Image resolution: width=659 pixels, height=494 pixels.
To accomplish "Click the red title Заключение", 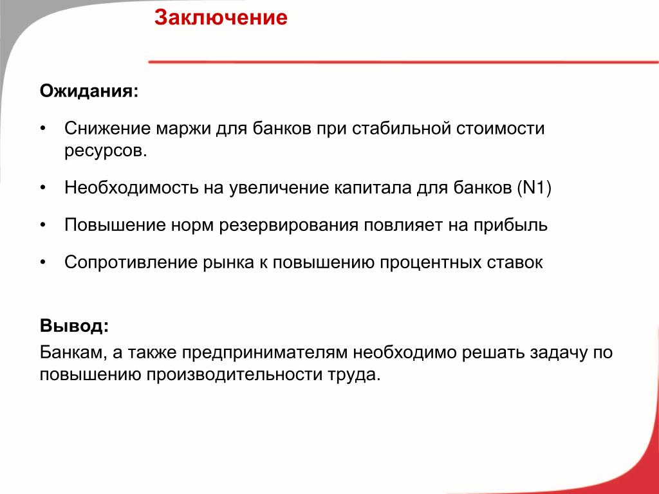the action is click(221, 17).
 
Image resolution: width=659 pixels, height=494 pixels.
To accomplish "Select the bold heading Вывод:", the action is click(75, 325).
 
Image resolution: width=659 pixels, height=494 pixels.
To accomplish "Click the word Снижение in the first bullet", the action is click(107, 128).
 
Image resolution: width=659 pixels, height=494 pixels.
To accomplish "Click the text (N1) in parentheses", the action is click(534, 188).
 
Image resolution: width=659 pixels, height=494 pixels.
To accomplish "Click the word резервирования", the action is click(289, 226).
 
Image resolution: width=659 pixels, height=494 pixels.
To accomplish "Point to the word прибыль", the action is click(510, 226).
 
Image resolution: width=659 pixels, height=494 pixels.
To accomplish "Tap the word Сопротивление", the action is click(131, 263).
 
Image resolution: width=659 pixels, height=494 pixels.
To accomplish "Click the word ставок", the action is click(515, 262).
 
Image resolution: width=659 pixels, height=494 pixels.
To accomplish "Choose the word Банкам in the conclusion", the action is click(73, 352).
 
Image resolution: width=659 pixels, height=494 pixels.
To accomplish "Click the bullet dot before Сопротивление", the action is click(43, 262).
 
